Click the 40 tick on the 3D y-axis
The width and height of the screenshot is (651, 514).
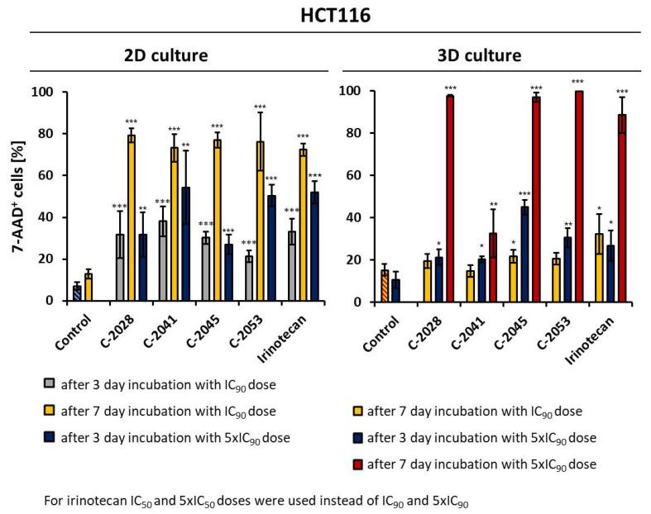360,217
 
